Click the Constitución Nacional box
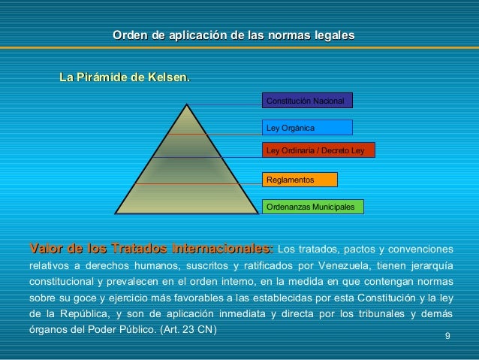click(306, 101)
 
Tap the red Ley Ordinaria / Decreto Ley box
click(318, 150)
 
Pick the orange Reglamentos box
click(300, 180)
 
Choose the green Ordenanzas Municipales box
click(312, 206)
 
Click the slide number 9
click(447, 335)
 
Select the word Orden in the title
click(128, 35)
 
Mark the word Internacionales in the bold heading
click(221, 248)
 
